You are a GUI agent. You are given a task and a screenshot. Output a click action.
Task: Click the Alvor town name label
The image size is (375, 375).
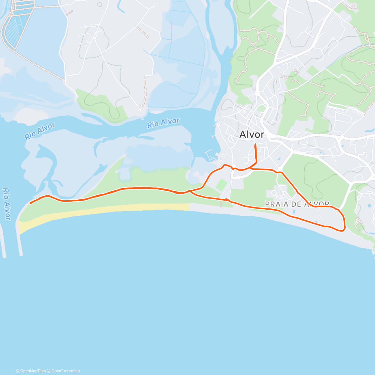pyautogui.click(x=252, y=134)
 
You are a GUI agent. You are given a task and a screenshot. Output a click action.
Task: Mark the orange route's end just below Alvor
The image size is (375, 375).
pyautogui.click(x=255, y=144)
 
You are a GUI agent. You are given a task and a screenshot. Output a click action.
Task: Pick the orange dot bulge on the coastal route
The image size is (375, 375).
pyautogui.click(x=226, y=199)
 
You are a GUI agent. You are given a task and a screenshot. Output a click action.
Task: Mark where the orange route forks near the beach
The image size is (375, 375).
pyautogui.click(x=190, y=191)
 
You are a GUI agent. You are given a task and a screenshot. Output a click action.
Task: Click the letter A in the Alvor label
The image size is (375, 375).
pyautogui.click(x=243, y=135)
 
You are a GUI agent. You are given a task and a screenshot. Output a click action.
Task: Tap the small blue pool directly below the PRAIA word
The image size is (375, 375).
pyautogui.click(x=294, y=212)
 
